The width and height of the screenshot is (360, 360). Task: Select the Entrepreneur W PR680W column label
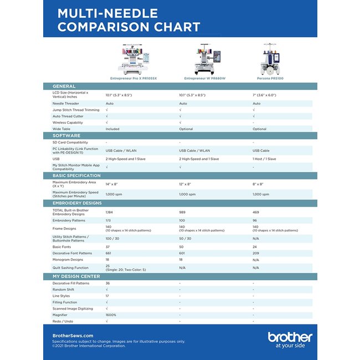pos(205,79)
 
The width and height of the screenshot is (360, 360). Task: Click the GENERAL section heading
pos(64,86)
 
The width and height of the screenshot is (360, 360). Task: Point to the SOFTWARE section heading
pos(66,136)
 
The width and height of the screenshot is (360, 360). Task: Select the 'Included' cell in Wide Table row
pos(112,129)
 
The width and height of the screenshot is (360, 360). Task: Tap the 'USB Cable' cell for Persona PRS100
pos(261,151)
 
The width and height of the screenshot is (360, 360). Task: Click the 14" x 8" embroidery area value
pos(112,184)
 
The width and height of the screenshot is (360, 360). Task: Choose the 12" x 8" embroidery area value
pos(185,184)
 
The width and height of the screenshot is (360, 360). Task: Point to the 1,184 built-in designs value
pos(110,212)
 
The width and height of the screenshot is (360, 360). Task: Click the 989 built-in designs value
pos(183,212)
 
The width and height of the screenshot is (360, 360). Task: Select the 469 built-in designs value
pos(256,212)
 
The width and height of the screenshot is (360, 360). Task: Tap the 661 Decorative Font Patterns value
pos(109,253)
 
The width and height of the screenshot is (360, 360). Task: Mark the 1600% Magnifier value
pos(111,315)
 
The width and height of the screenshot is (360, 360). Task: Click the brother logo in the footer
pos(290,338)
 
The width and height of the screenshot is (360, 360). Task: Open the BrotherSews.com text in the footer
pos(73,336)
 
